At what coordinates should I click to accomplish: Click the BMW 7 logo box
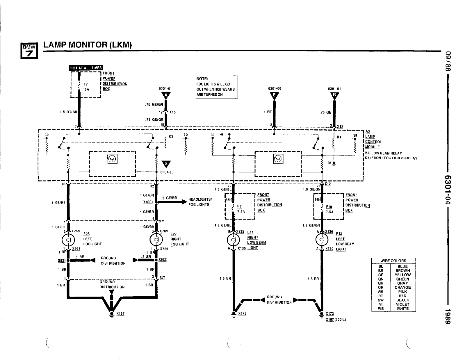[29, 51]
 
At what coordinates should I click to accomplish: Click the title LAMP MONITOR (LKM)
[88, 45]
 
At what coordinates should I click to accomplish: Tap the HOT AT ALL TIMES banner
[86, 68]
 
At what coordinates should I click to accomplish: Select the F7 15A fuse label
[86, 87]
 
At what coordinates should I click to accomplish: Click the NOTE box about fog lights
[216, 87]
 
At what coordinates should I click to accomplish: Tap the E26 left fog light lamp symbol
[68, 240]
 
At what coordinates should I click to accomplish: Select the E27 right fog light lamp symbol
[156, 240]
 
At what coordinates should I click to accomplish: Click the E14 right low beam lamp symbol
[233, 240]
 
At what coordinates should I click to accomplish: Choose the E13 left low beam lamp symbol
[322, 240]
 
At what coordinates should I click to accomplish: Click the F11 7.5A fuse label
[240, 209]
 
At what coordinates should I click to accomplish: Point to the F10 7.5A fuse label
[329, 209]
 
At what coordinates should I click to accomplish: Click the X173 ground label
[242, 313]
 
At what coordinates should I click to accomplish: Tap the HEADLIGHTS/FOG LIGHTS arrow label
[200, 202]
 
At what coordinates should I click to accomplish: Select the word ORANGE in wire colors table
[402, 287]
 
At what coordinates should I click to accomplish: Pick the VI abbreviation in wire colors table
[381, 304]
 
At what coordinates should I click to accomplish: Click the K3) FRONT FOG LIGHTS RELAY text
[391, 158]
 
